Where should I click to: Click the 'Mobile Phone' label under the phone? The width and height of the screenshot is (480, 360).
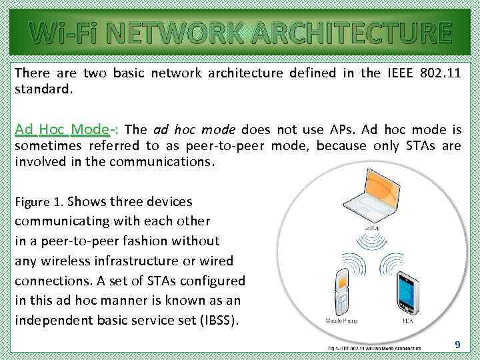point(341,321)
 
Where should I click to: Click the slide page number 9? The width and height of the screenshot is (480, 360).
point(457,344)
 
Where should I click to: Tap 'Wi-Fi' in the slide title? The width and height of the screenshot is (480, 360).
point(57,32)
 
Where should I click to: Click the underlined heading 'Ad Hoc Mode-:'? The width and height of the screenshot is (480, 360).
point(67,129)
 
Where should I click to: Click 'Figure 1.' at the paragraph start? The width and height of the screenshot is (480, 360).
point(39,202)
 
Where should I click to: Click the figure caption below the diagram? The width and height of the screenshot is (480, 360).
point(374,348)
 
